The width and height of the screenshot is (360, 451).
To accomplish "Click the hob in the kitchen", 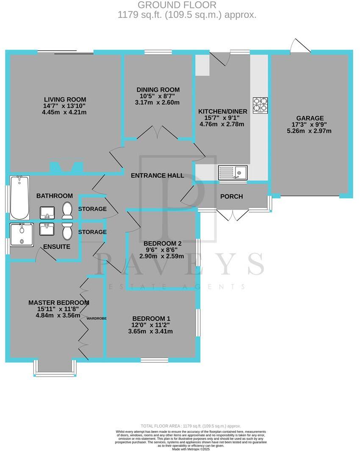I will click(x=260, y=105).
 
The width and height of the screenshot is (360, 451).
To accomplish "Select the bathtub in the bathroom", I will click(x=19, y=198).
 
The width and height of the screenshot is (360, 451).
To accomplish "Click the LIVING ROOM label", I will click(x=68, y=100).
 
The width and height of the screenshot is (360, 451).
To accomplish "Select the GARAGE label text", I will click(x=310, y=118).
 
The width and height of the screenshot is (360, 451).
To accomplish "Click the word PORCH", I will click(x=232, y=196).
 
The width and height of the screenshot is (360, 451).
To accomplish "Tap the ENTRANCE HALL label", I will click(x=157, y=175).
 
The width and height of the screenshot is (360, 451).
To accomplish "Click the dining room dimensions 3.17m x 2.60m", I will click(x=158, y=103).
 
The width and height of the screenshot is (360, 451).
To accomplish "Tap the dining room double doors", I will click(x=158, y=132).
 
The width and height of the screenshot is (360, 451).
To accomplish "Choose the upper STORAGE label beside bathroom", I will click(x=92, y=209).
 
